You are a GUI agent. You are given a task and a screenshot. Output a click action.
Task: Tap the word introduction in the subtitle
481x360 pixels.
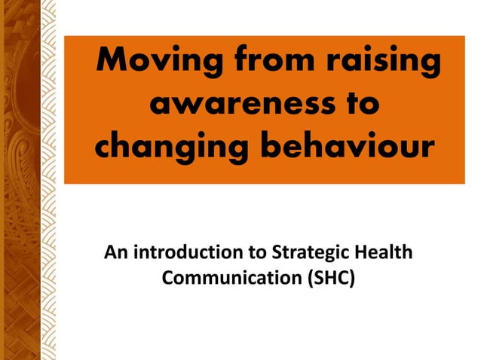pos(188,252)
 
